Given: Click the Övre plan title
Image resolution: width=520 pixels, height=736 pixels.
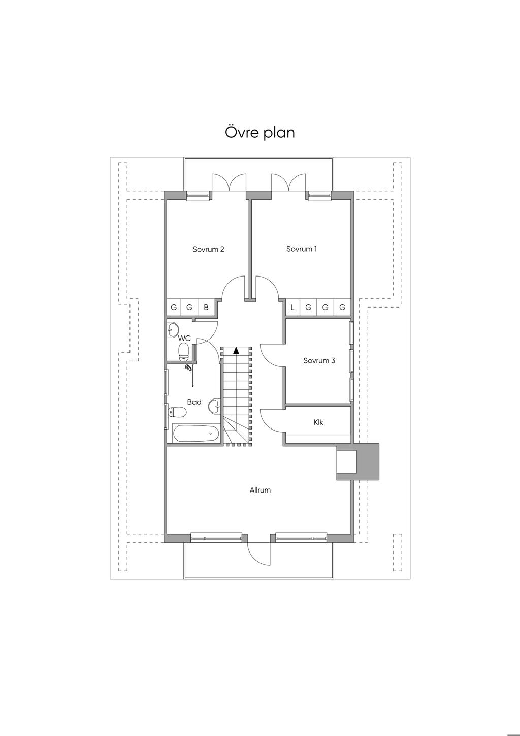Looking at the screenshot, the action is [x=259, y=132].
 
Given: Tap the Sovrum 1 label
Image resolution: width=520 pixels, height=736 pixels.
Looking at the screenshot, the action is [x=302, y=249].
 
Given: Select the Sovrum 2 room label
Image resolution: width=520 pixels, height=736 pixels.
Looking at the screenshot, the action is [x=208, y=249].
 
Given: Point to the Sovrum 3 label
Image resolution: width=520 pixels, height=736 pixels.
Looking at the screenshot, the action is [x=319, y=360].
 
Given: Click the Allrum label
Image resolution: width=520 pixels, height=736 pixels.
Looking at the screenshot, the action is [x=260, y=490].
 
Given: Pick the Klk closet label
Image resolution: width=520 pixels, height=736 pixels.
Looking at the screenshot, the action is [x=318, y=422].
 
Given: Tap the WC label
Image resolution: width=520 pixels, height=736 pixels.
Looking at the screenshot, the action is [x=184, y=338].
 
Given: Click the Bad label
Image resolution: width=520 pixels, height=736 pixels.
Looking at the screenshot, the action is [x=194, y=402].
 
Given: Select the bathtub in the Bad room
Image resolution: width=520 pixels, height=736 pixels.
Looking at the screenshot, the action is [x=196, y=434].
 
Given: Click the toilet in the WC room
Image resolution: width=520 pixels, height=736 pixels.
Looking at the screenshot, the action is [x=183, y=352].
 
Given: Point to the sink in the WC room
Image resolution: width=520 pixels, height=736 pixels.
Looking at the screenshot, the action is [x=173, y=329].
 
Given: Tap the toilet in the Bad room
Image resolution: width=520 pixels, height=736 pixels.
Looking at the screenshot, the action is [x=177, y=412].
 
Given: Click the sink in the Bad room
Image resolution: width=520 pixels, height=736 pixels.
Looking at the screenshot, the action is [x=214, y=406].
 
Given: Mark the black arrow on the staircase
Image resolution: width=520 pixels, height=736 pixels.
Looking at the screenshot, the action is [x=236, y=350].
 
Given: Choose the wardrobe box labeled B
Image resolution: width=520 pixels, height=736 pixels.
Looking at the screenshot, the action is [x=206, y=307].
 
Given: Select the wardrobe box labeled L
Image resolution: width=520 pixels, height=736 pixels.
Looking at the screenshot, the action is [x=292, y=308].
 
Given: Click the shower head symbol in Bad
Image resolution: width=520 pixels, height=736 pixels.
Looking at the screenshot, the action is [x=188, y=367].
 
